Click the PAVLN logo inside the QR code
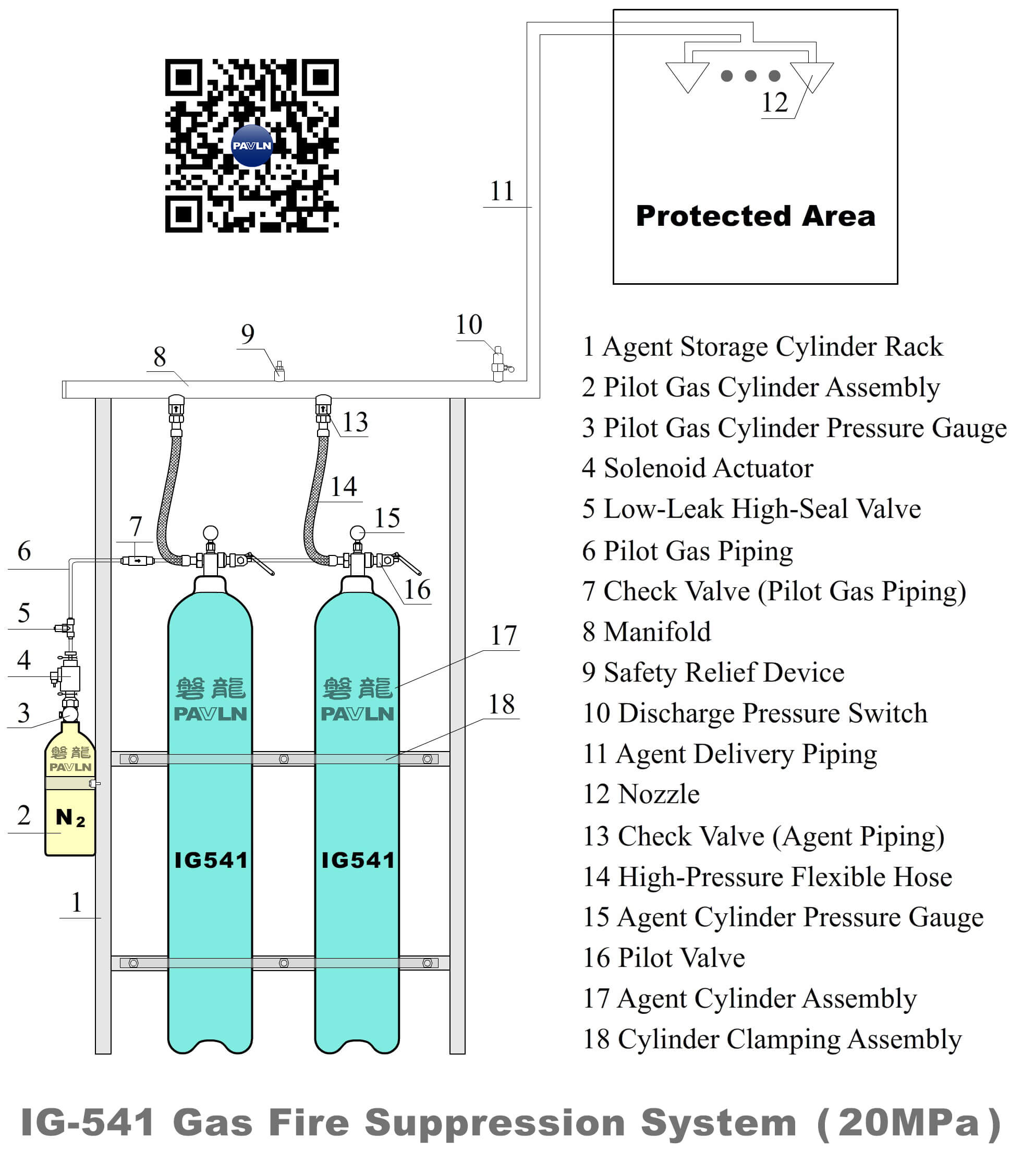click(x=251, y=146)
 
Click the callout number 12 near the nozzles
click(x=774, y=103)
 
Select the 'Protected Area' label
click(x=756, y=216)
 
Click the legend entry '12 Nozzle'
click(x=641, y=794)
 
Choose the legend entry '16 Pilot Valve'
click(x=663, y=958)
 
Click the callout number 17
click(x=503, y=636)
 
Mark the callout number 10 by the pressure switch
click(x=469, y=324)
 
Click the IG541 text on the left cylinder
click(x=211, y=860)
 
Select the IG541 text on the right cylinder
click(x=358, y=860)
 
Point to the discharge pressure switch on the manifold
click(x=499, y=364)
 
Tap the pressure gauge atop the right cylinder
click(x=357, y=532)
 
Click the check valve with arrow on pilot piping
click(x=137, y=560)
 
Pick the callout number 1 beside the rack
click(x=77, y=902)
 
